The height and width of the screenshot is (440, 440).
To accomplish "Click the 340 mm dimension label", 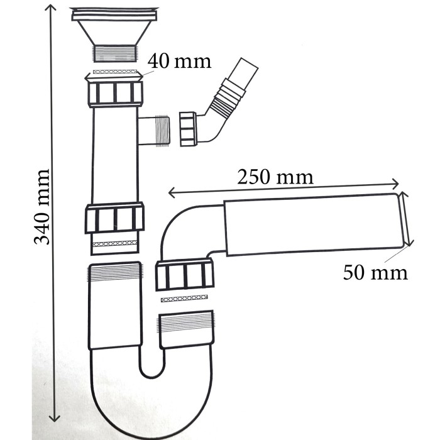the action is tap(42, 207).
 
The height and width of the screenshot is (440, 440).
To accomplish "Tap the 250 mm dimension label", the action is tap(275, 177).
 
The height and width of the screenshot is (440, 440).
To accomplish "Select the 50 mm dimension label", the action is tap(375, 272).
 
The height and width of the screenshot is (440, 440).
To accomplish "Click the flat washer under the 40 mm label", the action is tap(115, 72).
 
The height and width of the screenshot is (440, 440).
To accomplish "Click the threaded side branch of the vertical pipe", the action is tap(154, 130).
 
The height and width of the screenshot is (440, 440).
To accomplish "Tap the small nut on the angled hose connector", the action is tap(188, 129).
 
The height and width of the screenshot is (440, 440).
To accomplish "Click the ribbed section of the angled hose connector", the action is tap(228, 97).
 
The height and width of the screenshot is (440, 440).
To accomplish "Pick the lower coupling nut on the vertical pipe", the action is tap(115, 218).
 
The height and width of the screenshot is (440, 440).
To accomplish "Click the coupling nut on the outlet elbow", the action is tap(185, 275).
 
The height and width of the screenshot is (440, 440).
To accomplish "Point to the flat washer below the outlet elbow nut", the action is tap(184, 299).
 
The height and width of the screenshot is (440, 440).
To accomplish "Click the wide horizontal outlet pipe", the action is tap(314, 224).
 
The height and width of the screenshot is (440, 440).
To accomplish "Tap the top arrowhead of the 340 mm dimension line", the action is tap(51, 7).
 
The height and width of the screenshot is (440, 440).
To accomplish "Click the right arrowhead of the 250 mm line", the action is tap(395, 184).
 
